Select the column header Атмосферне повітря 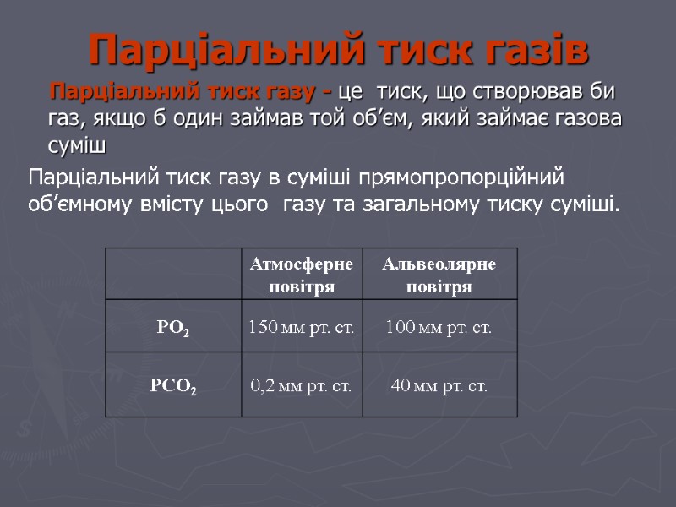click(301, 275)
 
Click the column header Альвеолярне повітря click(439, 275)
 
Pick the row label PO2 click(173, 326)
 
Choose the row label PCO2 click(173, 386)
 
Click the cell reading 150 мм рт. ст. click(301, 326)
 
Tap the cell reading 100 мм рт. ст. click(439, 326)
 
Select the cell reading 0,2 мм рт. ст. click(301, 386)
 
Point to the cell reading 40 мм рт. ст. click(439, 386)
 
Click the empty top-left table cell click(173, 275)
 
